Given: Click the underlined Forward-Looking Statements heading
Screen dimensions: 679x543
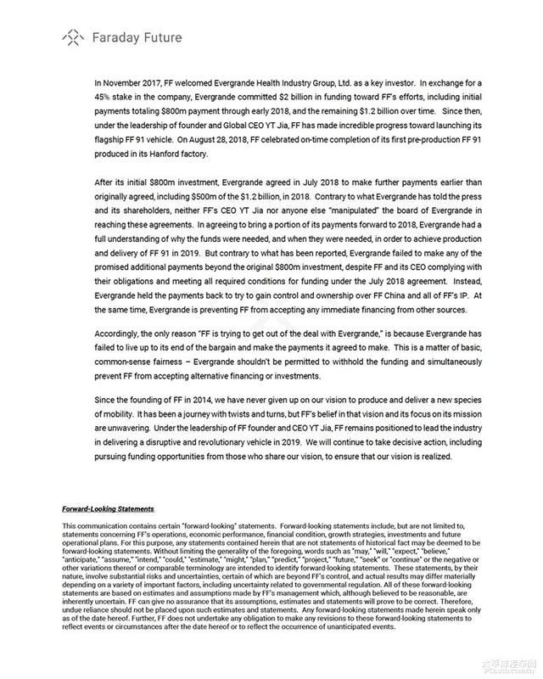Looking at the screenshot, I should click(108, 509).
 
